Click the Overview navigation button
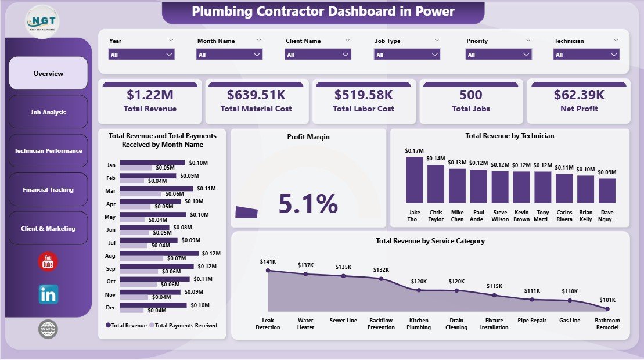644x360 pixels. [x=48, y=74]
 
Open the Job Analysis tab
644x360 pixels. [x=48, y=112]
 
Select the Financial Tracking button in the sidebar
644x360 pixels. [x=48, y=190]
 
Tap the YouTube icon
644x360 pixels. [x=48, y=262]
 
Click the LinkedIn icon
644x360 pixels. [x=48, y=294]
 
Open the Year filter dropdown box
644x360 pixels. [x=142, y=55]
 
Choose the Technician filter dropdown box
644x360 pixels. [x=587, y=55]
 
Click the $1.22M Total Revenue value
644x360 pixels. [x=150, y=95]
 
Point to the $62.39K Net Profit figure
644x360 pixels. [x=578, y=95]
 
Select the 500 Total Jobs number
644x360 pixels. [x=471, y=95]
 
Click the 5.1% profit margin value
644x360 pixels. [x=308, y=204]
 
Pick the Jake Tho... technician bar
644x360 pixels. [x=414, y=179]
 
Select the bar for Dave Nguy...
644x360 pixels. [x=607, y=190]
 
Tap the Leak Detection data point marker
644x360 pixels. [x=268, y=270]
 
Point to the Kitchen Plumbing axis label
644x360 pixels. [x=419, y=324]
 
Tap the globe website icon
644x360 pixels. [x=48, y=329]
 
